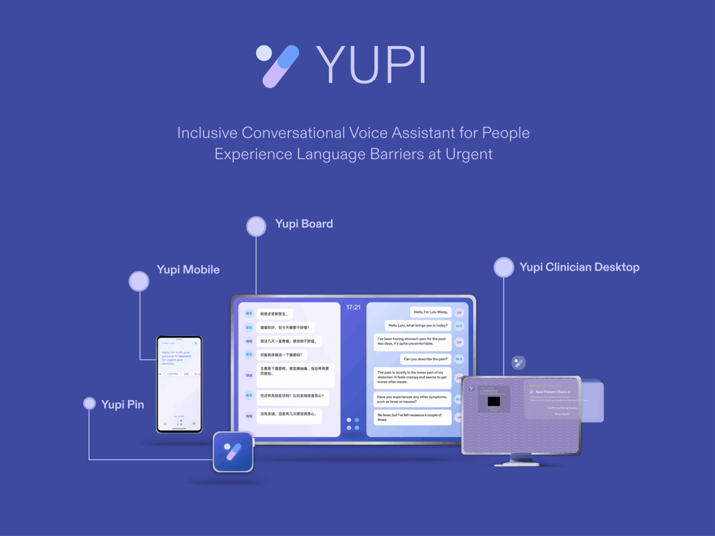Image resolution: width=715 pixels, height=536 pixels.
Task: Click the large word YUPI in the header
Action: point(371,65)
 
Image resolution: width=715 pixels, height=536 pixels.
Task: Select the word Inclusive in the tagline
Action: point(207,133)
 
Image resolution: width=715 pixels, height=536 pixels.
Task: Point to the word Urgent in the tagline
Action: point(469,154)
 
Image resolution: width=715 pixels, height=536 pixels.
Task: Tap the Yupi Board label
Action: point(304,224)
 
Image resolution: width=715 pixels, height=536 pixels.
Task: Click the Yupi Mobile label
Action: point(188,269)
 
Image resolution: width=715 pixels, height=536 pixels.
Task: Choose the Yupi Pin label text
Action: point(123,404)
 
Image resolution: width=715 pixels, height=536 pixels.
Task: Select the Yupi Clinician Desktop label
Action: point(579,267)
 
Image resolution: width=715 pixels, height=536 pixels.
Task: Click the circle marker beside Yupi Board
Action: point(256,226)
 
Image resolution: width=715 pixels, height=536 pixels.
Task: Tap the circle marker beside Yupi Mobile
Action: point(139,281)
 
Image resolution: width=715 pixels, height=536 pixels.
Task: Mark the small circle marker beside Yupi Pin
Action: point(89,403)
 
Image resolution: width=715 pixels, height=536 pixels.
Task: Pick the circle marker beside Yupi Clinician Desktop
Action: point(503,267)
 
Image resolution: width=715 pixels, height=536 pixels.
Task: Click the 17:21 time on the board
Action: point(354,308)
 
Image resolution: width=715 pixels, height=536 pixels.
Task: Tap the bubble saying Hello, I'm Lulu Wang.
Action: point(430,312)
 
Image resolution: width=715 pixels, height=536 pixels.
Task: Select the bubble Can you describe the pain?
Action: point(426,359)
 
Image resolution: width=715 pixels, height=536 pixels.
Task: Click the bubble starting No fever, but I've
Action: point(412,417)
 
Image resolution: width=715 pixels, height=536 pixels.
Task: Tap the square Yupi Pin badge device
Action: point(233,452)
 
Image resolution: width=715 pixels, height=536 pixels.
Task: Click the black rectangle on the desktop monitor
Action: point(494,402)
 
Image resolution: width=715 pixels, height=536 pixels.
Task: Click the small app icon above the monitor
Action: point(518,363)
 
